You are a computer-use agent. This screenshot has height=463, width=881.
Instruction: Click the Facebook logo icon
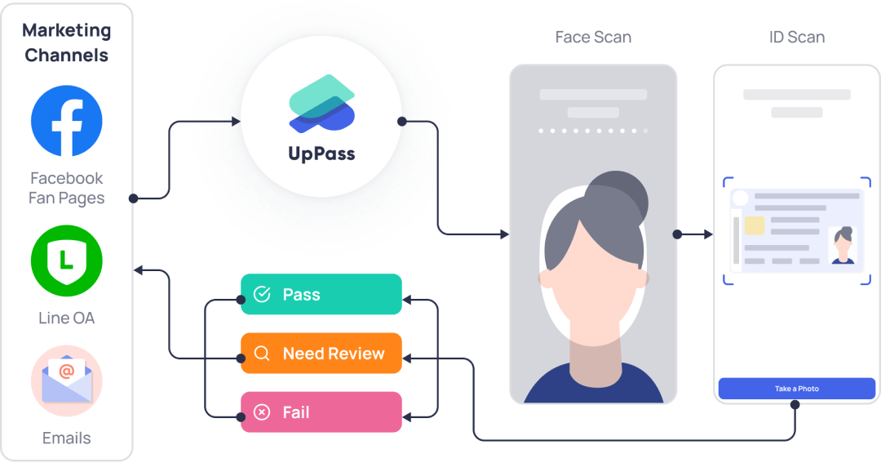pyautogui.click(x=67, y=121)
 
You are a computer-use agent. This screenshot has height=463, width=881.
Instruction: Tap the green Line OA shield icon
pyautogui.click(x=66, y=260)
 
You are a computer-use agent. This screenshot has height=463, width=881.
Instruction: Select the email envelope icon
pyautogui.click(x=67, y=381)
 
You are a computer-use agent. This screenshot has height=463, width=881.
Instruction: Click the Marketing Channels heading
pyautogui.click(x=67, y=42)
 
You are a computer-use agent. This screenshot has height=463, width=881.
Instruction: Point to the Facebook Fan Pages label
pyautogui.click(x=67, y=188)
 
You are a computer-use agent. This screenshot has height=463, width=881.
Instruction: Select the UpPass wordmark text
pyautogui.click(x=321, y=153)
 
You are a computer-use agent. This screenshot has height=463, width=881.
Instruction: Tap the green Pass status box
pyautogui.click(x=321, y=294)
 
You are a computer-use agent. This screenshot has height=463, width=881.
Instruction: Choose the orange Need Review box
pyautogui.click(x=321, y=354)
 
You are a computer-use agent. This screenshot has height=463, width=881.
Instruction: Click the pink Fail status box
pyautogui.click(x=321, y=412)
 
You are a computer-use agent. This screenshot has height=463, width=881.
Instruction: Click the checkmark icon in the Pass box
pyautogui.click(x=262, y=294)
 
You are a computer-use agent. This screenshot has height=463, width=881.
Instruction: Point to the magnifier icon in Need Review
pyautogui.click(x=262, y=354)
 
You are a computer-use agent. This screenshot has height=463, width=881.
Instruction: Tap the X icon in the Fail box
pyautogui.click(x=262, y=412)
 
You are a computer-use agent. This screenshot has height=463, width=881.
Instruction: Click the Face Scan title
pyautogui.click(x=593, y=37)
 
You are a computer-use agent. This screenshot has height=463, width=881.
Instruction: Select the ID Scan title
pyautogui.click(x=796, y=37)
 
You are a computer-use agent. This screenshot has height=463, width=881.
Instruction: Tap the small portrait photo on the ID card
pyautogui.click(x=843, y=246)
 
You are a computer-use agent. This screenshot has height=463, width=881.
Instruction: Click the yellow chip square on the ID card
pyautogui.click(x=755, y=226)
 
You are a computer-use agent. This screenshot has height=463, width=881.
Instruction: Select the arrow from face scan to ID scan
pyautogui.click(x=694, y=234)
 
